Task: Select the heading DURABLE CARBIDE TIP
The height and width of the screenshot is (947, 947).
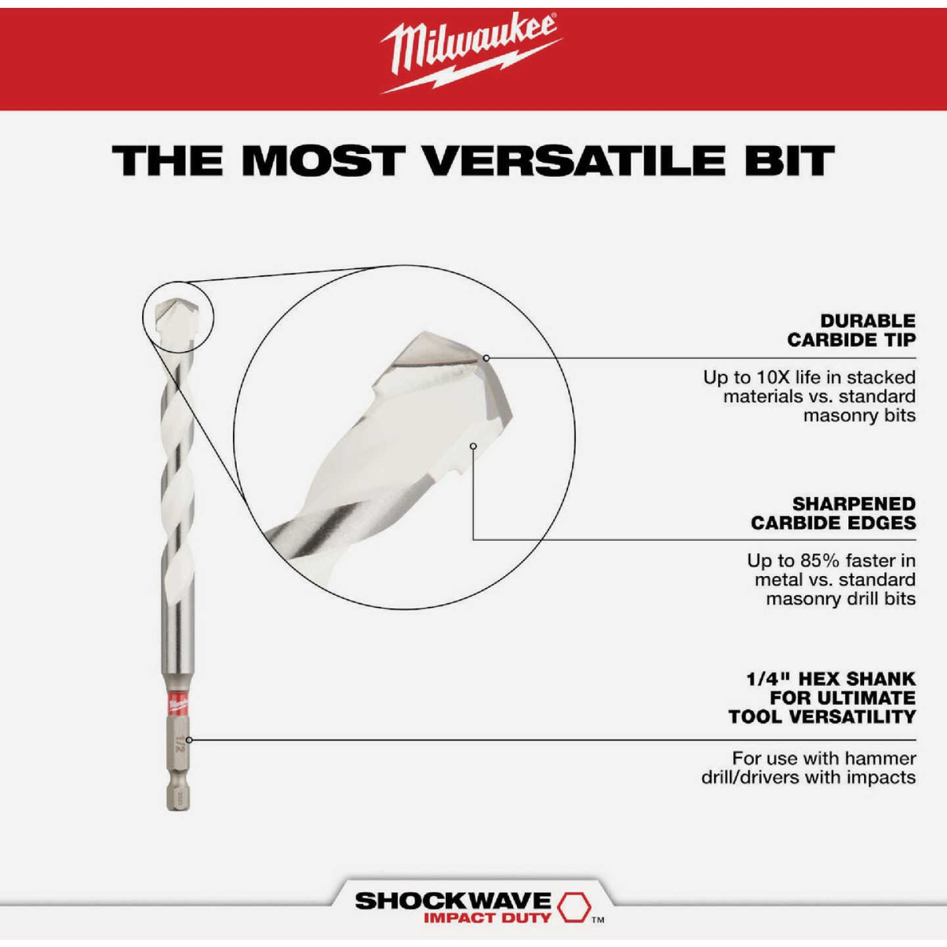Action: [x=851, y=330]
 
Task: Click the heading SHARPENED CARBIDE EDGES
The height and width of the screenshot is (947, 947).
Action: [x=833, y=513]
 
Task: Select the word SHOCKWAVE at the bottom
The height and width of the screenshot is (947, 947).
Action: [x=453, y=900]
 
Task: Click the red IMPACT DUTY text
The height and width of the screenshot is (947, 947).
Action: [x=487, y=918]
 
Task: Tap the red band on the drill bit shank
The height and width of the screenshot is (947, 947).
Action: [x=178, y=703]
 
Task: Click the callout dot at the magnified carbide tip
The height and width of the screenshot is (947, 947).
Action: [x=486, y=358]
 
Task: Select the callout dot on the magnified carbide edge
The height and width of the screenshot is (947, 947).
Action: [x=473, y=446]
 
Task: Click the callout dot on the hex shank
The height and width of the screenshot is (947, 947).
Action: [x=189, y=740]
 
